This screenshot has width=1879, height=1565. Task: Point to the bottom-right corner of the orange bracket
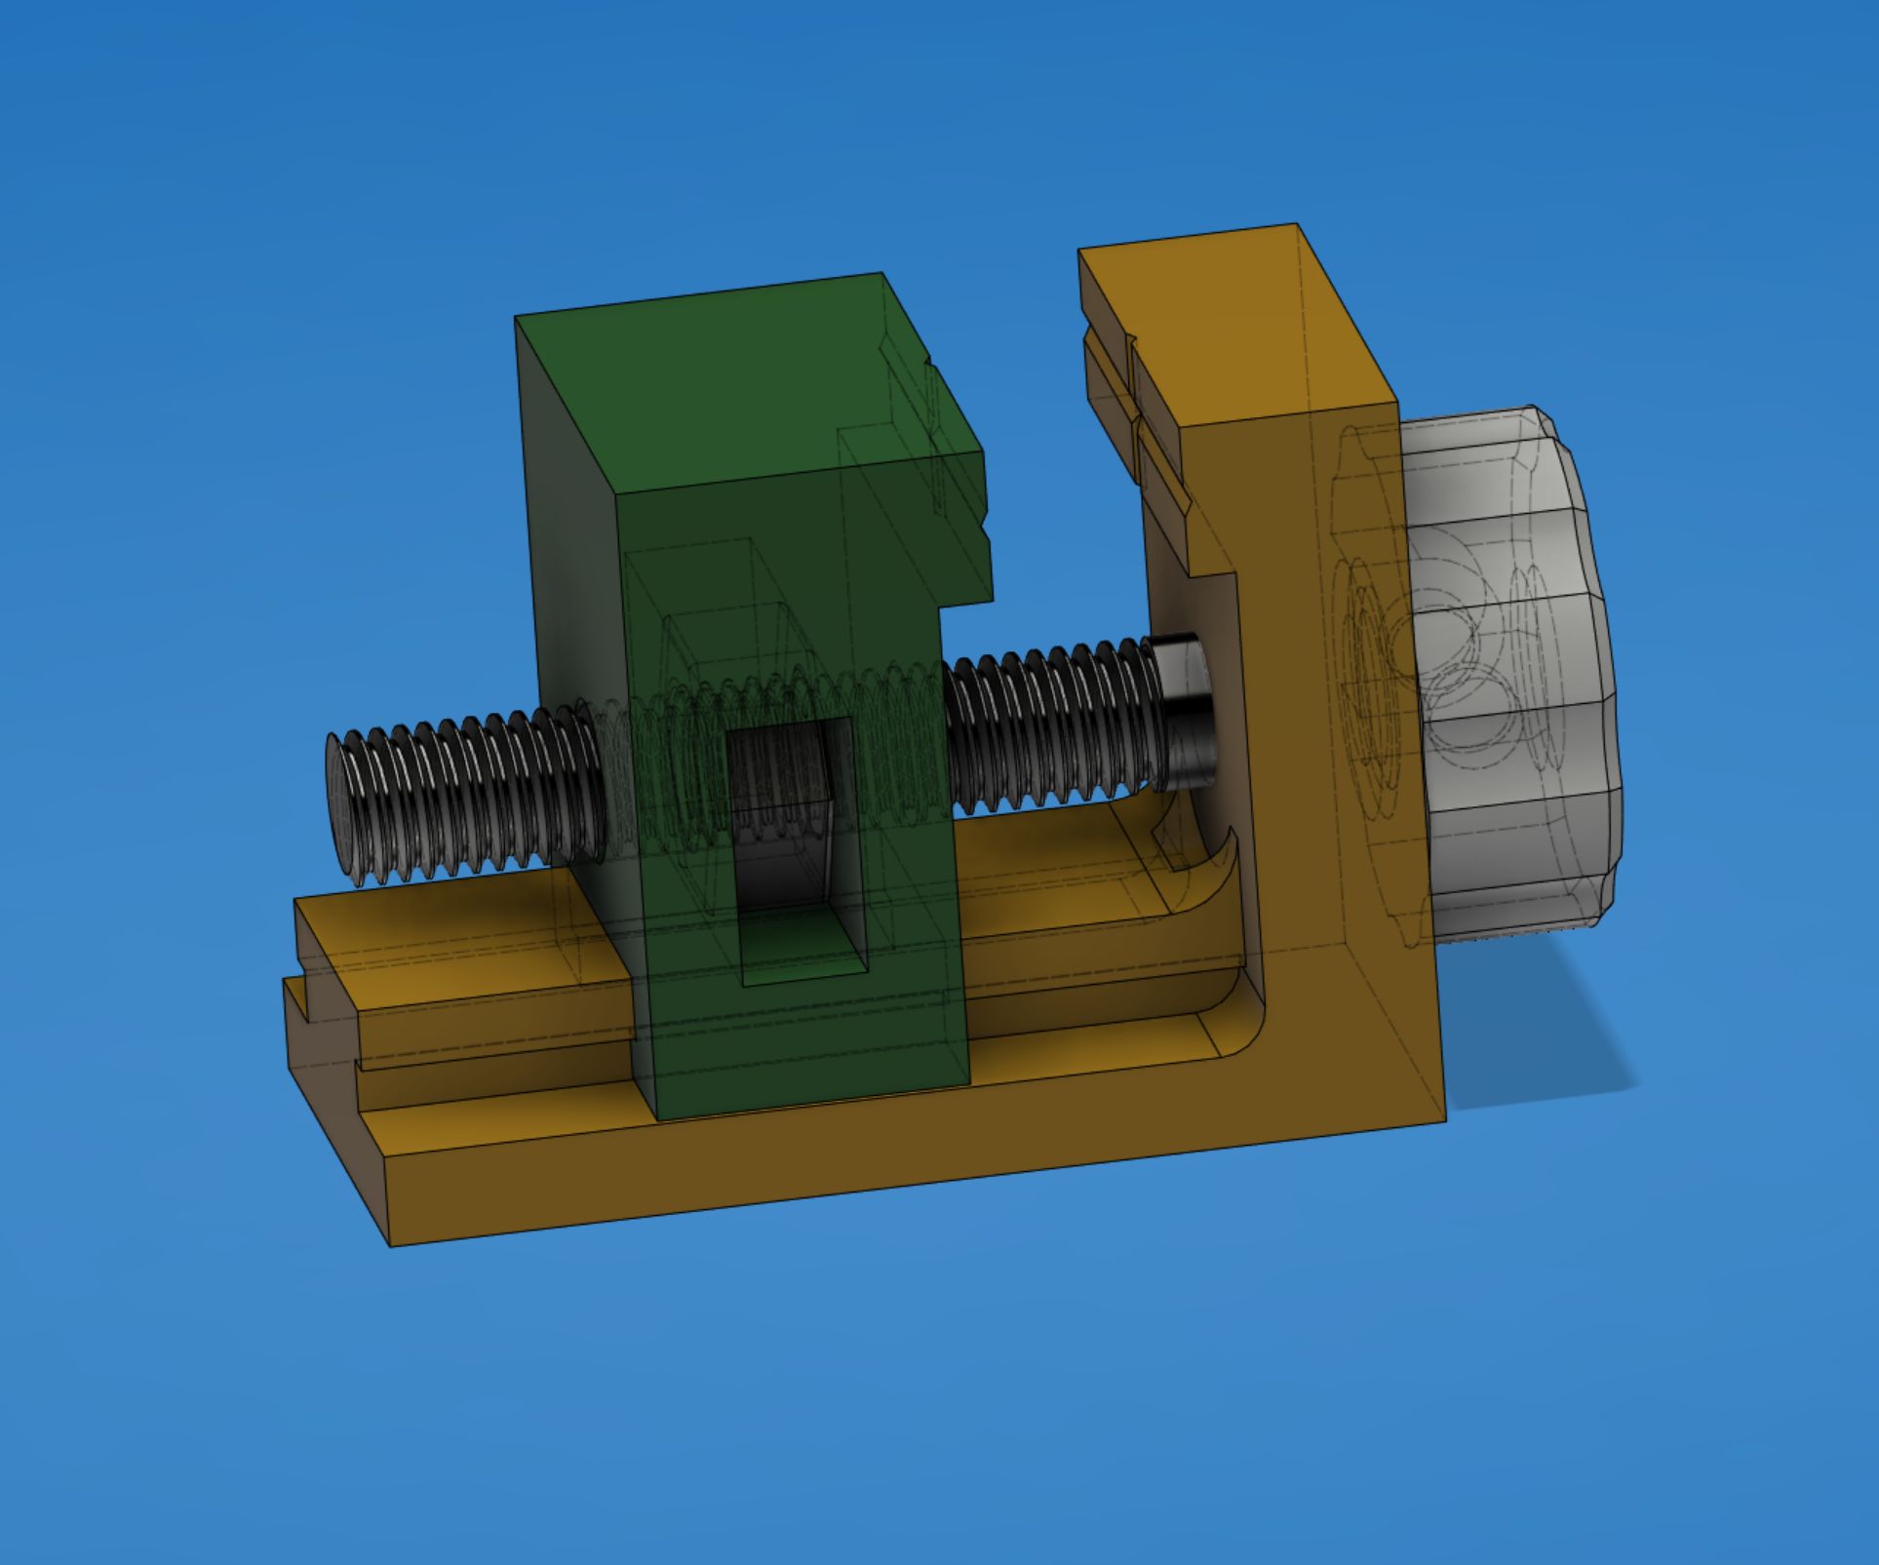click(1443, 1119)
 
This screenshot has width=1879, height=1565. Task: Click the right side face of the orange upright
click(1375, 780)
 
